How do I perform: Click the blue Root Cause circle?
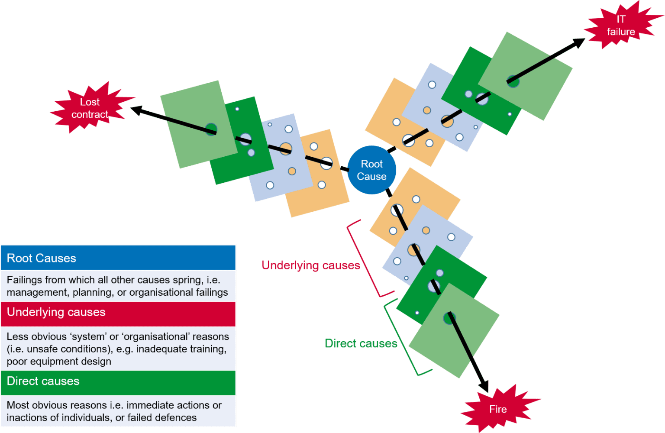point(371,170)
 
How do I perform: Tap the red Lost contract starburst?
point(90,108)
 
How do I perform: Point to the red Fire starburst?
point(498,409)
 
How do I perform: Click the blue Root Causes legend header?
point(118,258)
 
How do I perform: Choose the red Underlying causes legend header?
point(118,313)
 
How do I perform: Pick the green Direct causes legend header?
point(118,381)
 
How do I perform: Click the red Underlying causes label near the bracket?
point(310,265)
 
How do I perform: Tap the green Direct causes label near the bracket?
point(361,343)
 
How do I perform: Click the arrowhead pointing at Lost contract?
point(137,110)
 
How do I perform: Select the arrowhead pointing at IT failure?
point(578,42)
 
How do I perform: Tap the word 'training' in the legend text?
point(209,349)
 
